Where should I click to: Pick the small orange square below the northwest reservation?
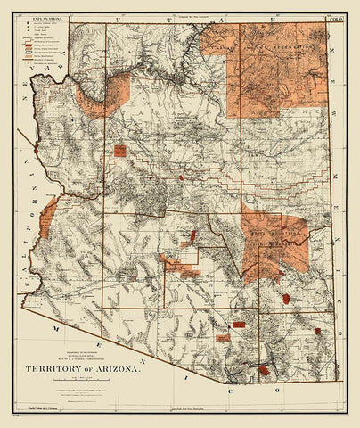pyautogui.click(x=119, y=152)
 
